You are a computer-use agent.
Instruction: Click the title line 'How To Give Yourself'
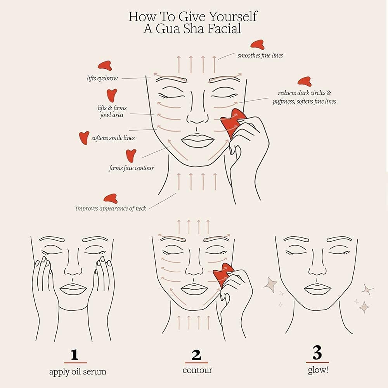193,17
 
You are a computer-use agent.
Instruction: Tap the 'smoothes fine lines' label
260,55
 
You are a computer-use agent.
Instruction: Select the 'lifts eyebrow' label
102,78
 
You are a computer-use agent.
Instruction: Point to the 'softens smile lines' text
113,138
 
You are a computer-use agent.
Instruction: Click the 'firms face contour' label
131,168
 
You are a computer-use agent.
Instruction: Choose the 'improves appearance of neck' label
111,208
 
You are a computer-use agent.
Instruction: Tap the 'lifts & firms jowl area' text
112,111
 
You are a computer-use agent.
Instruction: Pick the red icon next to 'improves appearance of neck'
111,198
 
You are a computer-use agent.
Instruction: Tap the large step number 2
197,355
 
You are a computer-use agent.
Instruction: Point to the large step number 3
317,353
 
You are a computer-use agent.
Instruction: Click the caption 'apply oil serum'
78,372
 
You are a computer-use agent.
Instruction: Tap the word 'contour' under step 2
197,370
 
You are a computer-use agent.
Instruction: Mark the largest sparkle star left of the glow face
270,285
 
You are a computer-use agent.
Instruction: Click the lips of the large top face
196,140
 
